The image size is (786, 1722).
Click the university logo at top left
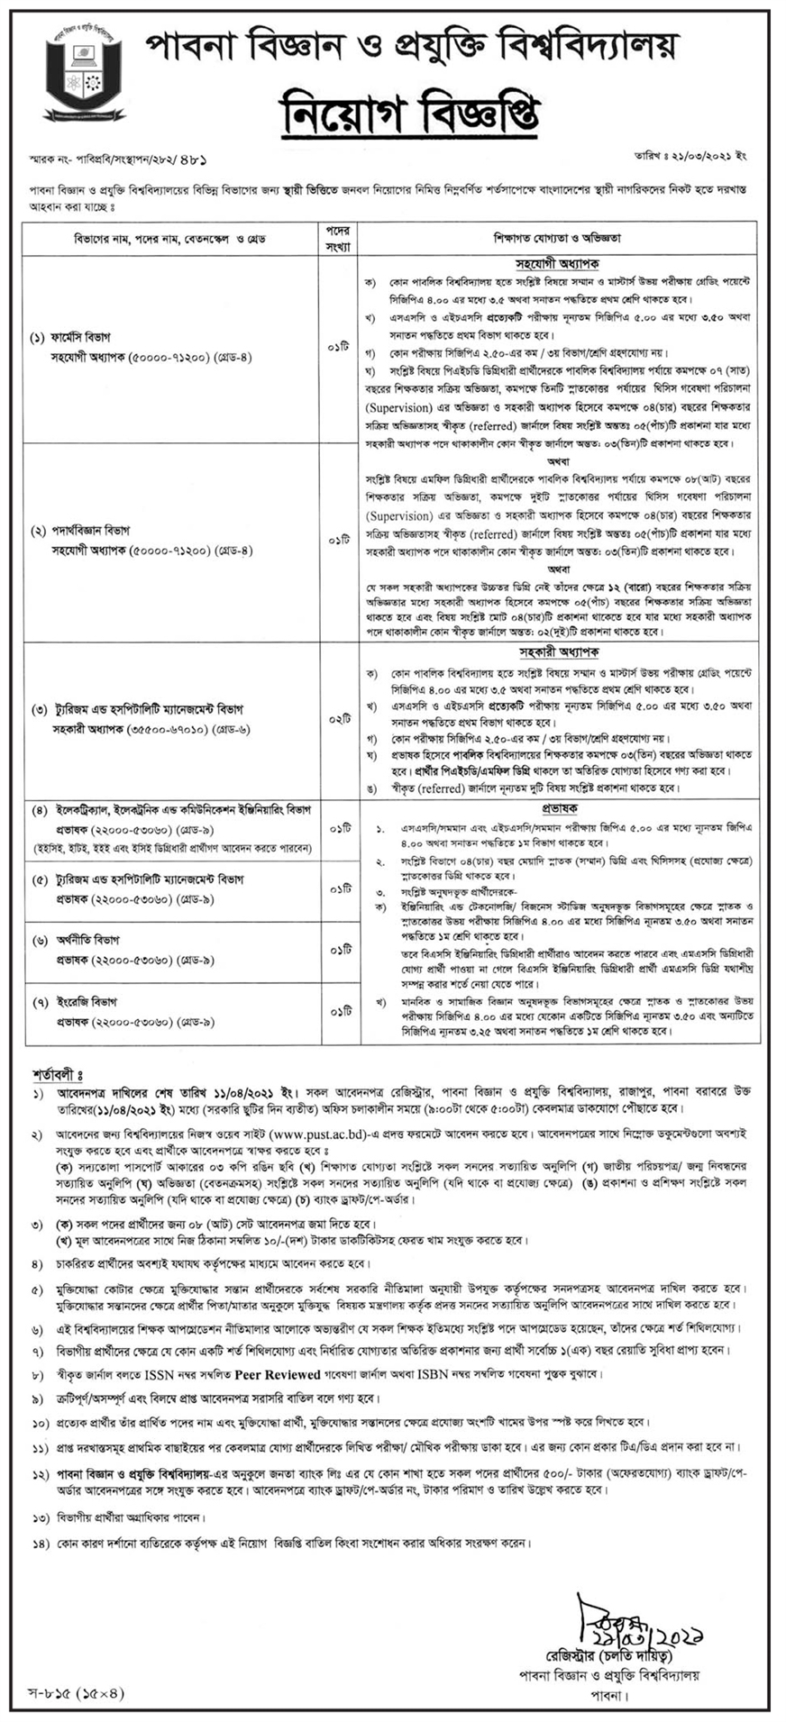point(80,76)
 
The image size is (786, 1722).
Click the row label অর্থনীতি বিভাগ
point(82,940)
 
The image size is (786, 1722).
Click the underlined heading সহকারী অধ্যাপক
point(558,651)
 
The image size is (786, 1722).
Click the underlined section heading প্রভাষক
point(558,810)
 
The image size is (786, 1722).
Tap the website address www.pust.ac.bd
point(330,1132)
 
